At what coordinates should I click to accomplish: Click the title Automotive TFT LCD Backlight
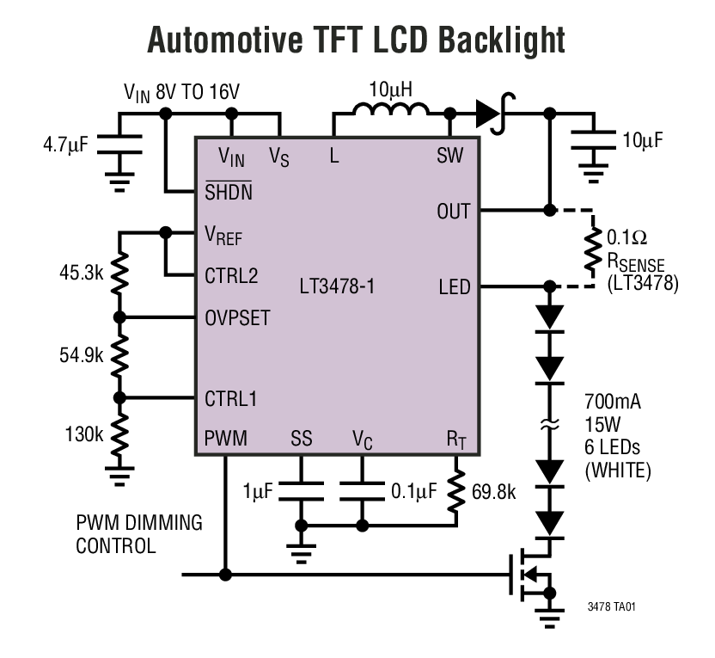[x=357, y=39]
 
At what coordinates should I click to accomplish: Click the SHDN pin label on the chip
[x=229, y=192]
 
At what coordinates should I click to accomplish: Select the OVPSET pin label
[x=237, y=317]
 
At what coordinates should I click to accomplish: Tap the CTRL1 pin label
[x=230, y=398]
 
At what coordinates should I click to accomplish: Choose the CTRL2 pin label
[x=231, y=277]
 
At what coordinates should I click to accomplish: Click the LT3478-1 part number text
[x=337, y=286]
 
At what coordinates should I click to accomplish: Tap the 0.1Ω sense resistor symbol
[x=592, y=248]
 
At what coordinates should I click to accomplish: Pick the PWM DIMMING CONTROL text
[x=139, y=534]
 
